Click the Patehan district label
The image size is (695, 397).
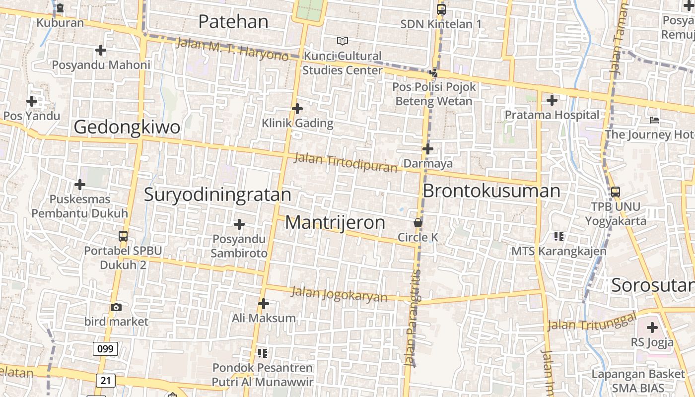pos(233,22)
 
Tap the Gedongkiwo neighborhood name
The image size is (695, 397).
pos(127,128)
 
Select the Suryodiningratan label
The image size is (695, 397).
pos(217,195)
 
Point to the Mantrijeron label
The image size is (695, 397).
pos(335,223)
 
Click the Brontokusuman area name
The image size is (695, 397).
pos(491,191)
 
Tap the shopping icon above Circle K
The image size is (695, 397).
pos(418,223)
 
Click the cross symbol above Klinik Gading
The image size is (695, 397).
pos(297,108)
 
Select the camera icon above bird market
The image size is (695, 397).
pos(116,307)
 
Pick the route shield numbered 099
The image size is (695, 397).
pos(105,348)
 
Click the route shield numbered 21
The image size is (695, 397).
pos(105,381)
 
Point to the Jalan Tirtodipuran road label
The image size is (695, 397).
pos(346,162)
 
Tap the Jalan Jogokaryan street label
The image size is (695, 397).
pos(339,294)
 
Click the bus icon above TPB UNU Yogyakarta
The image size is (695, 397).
pos(616,192)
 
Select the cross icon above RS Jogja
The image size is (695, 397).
pos(652,327)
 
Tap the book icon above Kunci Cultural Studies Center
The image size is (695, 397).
pos(343,41)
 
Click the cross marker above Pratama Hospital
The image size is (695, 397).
pos(552,100)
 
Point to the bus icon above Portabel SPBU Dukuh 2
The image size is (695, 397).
pos(123,236)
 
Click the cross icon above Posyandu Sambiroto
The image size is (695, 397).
pos(239,224)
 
